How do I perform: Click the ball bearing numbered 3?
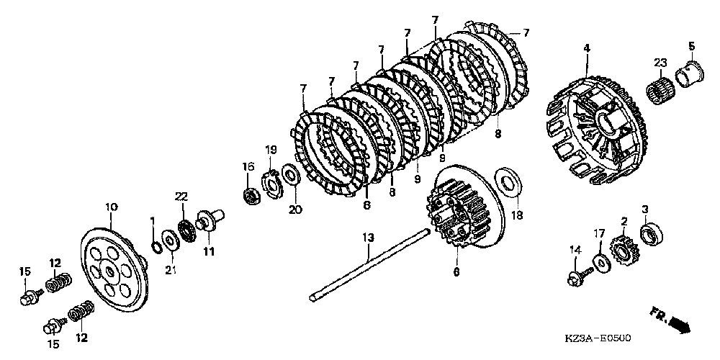tap(649, 234)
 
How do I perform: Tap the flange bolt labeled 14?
tap(577, 275)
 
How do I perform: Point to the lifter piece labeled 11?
tap(210, 220)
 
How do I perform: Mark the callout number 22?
tap(181, 197)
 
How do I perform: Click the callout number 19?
tap(271, 150)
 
